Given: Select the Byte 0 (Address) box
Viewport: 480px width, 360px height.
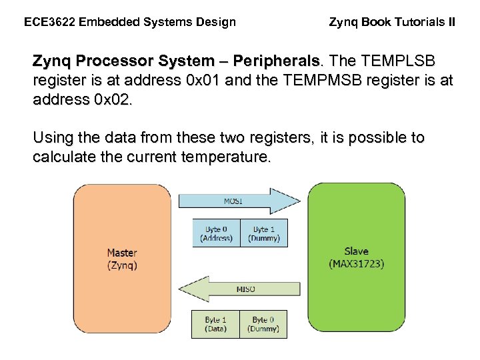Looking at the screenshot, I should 216,233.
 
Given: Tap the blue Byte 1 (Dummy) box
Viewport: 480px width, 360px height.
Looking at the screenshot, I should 263,233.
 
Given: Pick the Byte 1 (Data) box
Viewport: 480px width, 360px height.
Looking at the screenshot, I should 215,324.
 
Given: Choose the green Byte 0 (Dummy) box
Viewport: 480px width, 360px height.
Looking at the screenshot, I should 263,324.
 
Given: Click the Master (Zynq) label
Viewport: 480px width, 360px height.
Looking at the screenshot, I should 122,259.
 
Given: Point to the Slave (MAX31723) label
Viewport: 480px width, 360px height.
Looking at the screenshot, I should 356,257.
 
